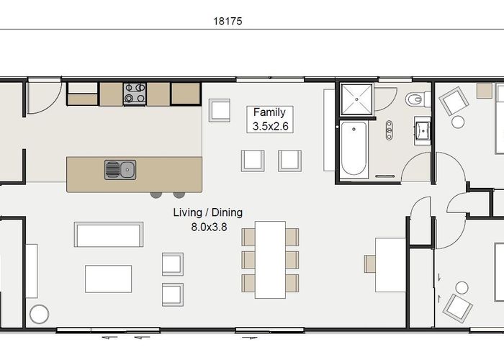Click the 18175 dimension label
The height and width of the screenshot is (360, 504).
point(228,21)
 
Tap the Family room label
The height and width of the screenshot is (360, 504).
point(269,112)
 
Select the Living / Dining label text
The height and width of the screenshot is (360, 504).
point(208,212)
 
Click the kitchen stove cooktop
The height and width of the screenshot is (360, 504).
point(135,94)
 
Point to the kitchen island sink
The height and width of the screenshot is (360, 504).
point(120,170)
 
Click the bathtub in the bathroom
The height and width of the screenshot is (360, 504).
point(354,149)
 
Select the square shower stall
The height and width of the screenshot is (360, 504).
point(356,99)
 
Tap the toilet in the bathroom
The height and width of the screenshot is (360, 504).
point(418,99)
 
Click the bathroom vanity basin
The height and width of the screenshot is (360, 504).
point(423,131)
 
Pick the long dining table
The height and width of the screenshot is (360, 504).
point(270,260)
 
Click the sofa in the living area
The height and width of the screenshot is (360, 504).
point(109,235)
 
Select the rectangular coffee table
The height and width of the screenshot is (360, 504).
point(108,279)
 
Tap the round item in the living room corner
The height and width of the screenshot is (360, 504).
point(39,314)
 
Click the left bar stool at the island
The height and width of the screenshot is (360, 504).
point(156,195)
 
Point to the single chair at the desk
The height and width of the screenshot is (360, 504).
point(370,264)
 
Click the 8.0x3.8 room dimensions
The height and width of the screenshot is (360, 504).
point(209,227)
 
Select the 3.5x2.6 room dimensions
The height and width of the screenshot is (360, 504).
point(270,126)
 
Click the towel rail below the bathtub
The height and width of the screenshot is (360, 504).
point(384,176)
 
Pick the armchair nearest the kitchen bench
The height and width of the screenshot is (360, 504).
point(220,110)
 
